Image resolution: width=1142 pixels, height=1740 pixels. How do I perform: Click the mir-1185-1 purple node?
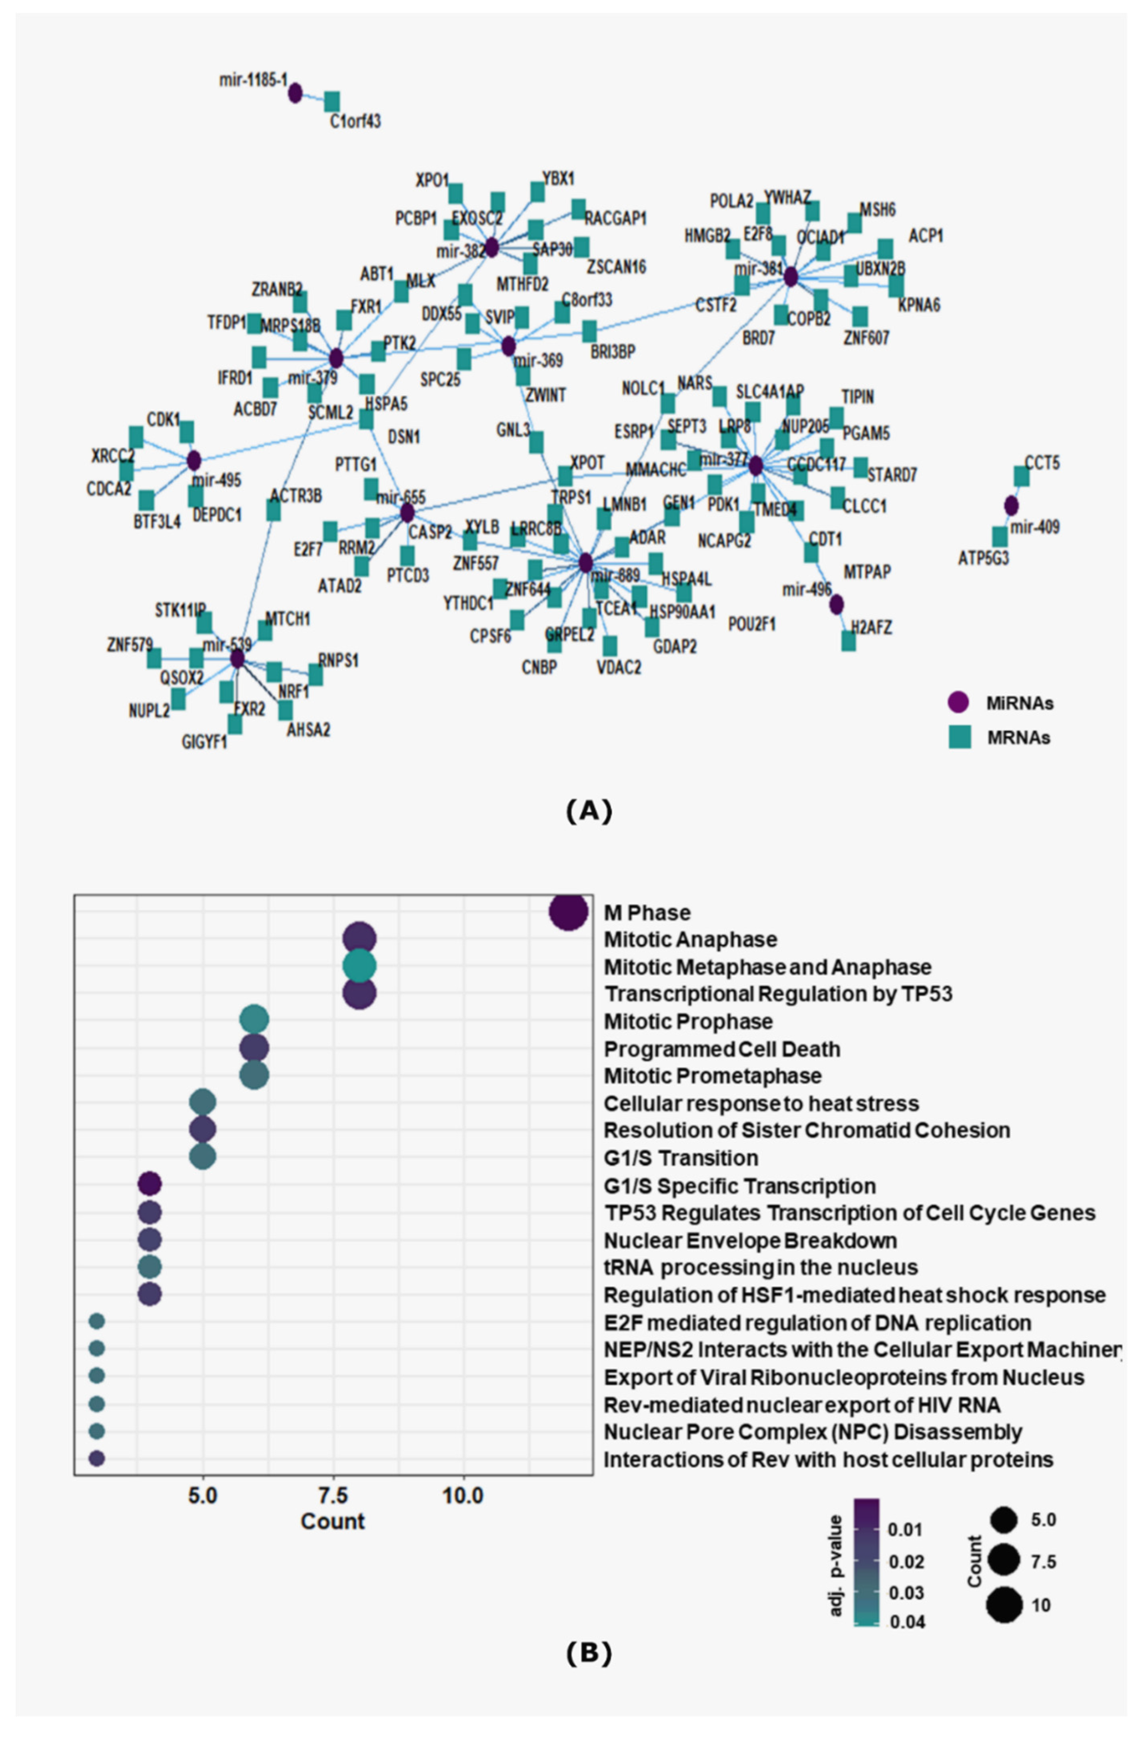click(x=295, y=93)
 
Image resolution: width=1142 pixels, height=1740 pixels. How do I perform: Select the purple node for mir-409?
click(x=1011, y=505)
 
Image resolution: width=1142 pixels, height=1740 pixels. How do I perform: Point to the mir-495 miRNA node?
click(x=194, y=461)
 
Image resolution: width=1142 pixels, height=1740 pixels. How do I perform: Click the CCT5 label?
click(x=1042, y=463)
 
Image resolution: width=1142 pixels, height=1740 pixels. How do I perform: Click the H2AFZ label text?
click(x=871, y=627)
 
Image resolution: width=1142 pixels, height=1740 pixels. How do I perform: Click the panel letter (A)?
click(x=589, y=811)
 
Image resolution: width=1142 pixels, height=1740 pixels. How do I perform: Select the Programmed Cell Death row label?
click(x=722, y=1049)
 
